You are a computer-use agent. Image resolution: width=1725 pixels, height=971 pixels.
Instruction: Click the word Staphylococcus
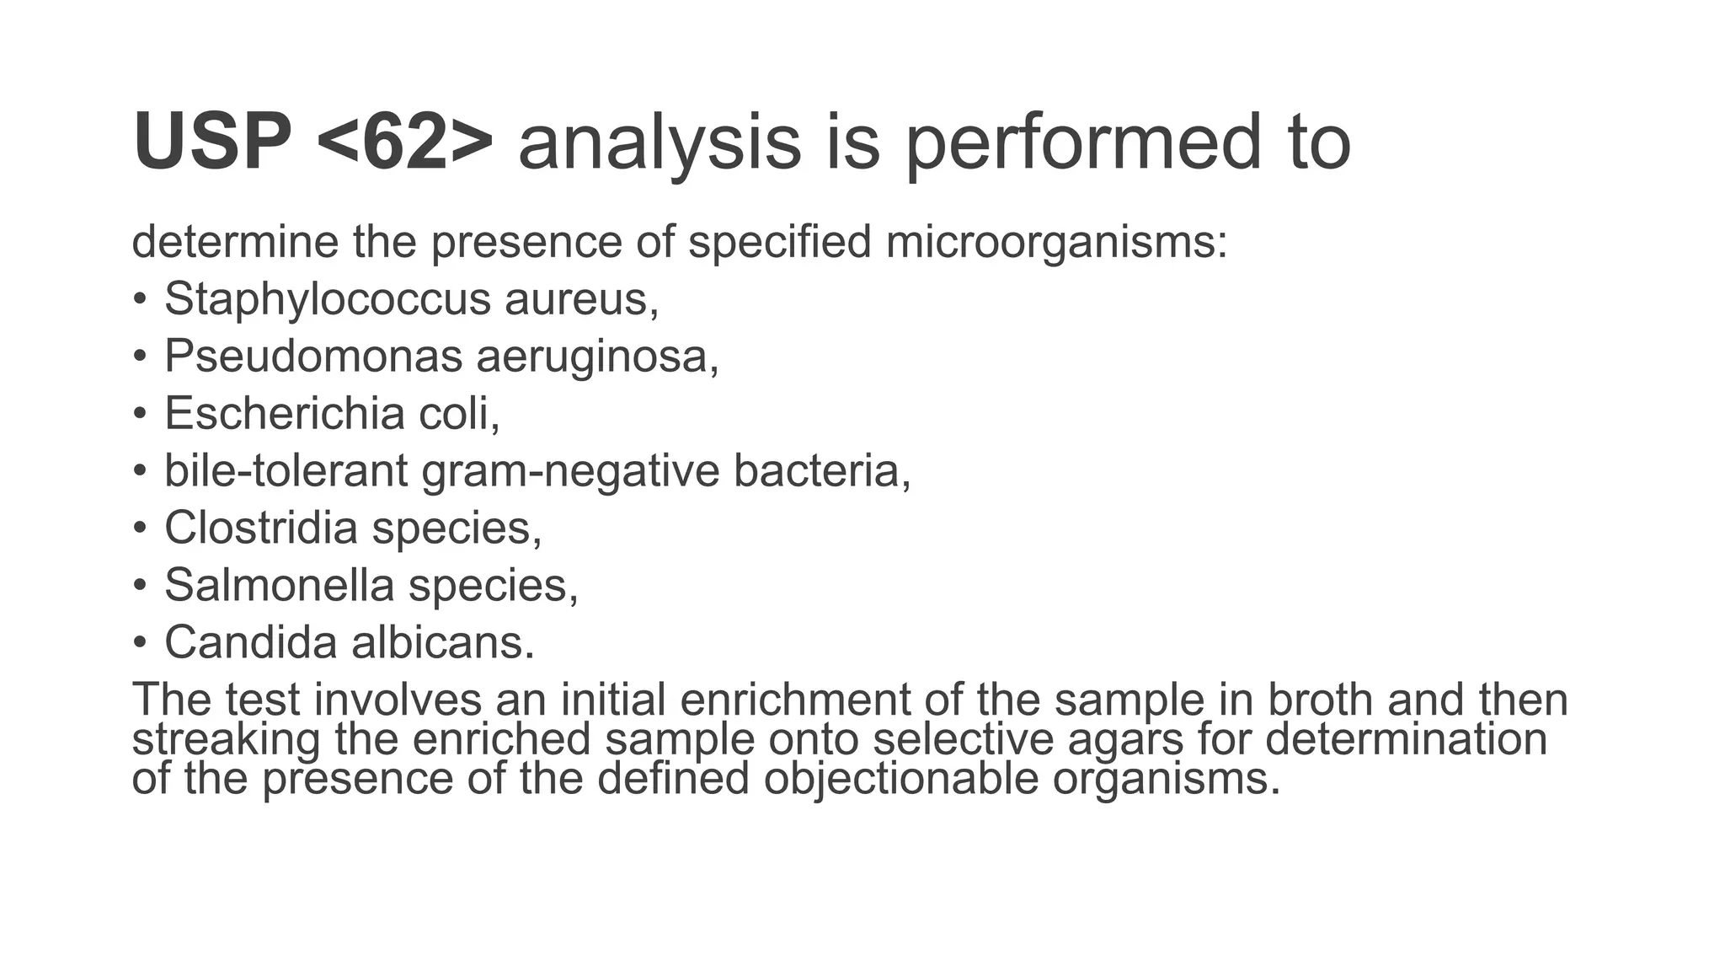click(x=327, y=298)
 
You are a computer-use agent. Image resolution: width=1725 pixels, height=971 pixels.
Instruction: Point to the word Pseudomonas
click(x=312, y=356)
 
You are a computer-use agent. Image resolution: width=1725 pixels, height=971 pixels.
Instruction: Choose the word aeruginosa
click(x=597, y=356)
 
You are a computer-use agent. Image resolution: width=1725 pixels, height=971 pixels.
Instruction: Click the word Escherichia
click(x=284, y=413)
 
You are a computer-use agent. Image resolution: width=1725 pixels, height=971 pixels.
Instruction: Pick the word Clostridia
click(x=261, y=528)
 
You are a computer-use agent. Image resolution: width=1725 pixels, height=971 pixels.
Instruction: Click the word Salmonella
click(x=280, y=585)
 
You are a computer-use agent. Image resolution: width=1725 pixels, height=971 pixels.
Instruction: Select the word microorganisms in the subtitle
click(x=1056, y=242)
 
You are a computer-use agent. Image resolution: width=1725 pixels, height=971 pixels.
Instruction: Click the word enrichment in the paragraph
click(x=794, y=700)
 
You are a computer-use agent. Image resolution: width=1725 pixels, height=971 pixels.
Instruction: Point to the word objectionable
click(x=900, y=777)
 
